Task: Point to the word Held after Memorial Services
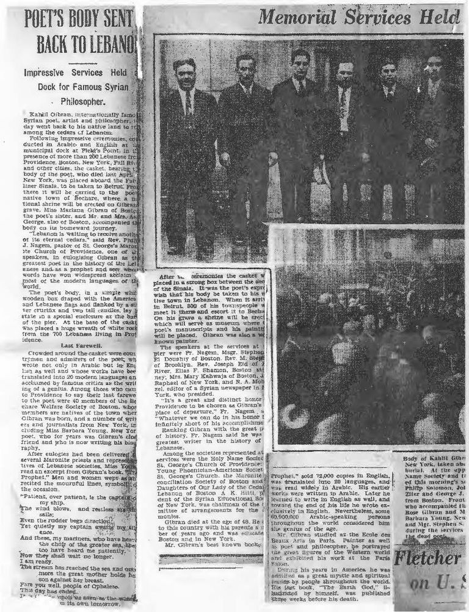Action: [x=441, y=16]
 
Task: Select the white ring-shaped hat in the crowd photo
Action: [x=292, y=415]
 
